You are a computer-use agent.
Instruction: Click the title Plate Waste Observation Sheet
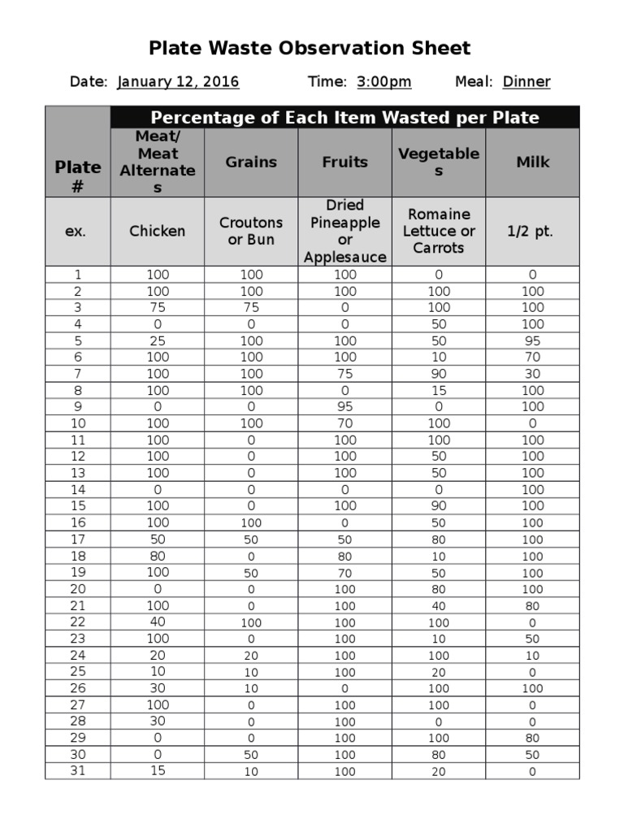[310, 49]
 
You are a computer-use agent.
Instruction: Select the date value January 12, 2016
[178, 82]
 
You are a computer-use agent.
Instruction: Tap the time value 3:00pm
[383, 82]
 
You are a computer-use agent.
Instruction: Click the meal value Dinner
[526, 82]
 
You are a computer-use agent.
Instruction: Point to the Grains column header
[251, 162]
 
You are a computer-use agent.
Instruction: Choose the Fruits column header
[345, 162]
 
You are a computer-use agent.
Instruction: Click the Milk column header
[533, 162]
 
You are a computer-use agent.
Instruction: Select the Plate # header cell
[78, 176]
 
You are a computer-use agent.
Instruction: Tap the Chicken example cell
[158, 232]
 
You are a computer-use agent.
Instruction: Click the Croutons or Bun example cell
[251, 232]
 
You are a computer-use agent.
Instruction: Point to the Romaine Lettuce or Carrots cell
[439, 232]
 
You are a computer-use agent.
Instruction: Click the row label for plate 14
[77, 490]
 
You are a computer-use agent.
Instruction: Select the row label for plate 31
[77, 771]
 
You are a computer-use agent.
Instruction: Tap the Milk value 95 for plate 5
[533, 341]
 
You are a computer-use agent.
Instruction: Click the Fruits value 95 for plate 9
[345, 407]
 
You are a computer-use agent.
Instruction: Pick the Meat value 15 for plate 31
[158, 771]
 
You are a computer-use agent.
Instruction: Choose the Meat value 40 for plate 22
[158, 622]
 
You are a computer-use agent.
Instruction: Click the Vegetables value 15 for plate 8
[439, 391]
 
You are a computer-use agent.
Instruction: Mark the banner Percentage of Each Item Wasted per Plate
[344, 118]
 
